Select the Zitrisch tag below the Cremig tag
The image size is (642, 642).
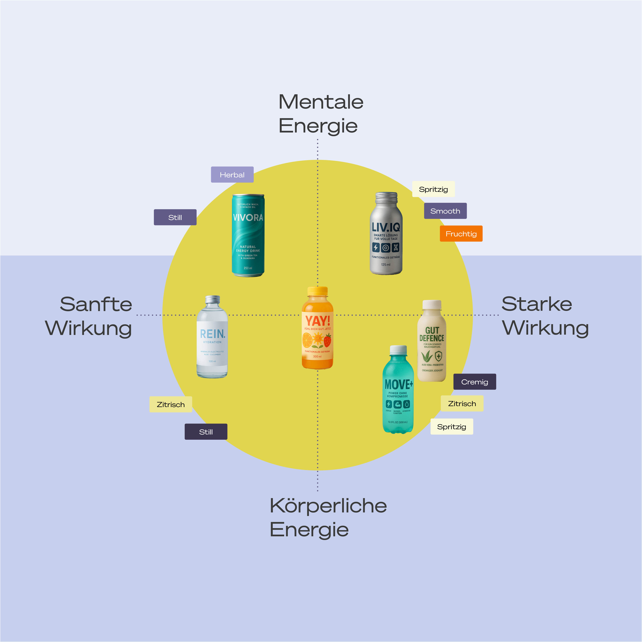(x=462, y=403)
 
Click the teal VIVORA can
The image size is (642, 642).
(x=248, y=235)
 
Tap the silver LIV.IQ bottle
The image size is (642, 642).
(x=386, y=234)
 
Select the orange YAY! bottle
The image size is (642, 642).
(x=317, y=328)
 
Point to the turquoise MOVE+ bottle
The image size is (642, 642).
(x=398, y=390)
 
